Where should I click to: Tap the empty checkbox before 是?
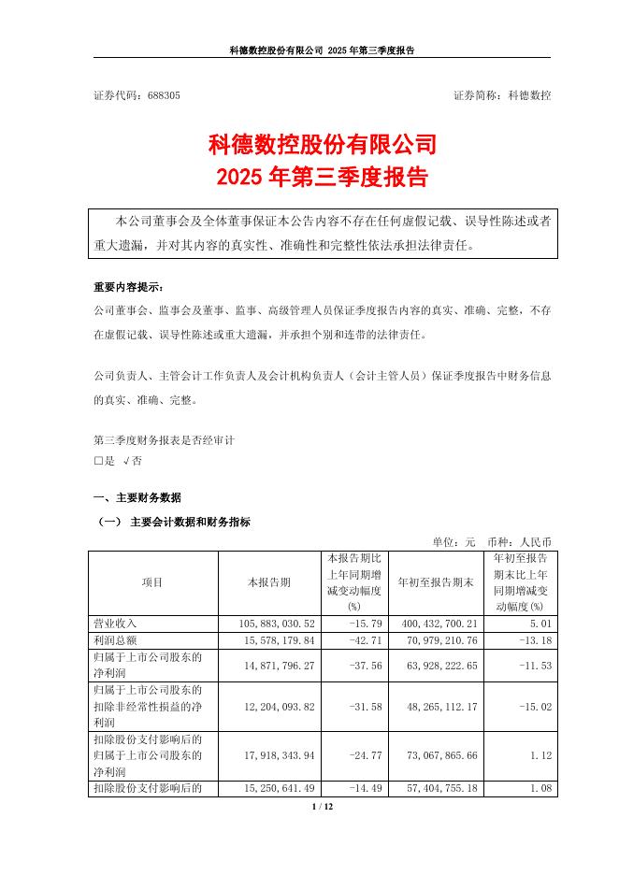(x=98, y=461)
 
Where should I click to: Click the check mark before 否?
(x=126, y=461)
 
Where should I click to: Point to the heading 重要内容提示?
(x=127, y=286)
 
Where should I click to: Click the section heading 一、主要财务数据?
(x=137, y=497)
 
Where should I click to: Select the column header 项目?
(x=152, y=582)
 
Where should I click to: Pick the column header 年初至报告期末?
(x=435, y=582)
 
